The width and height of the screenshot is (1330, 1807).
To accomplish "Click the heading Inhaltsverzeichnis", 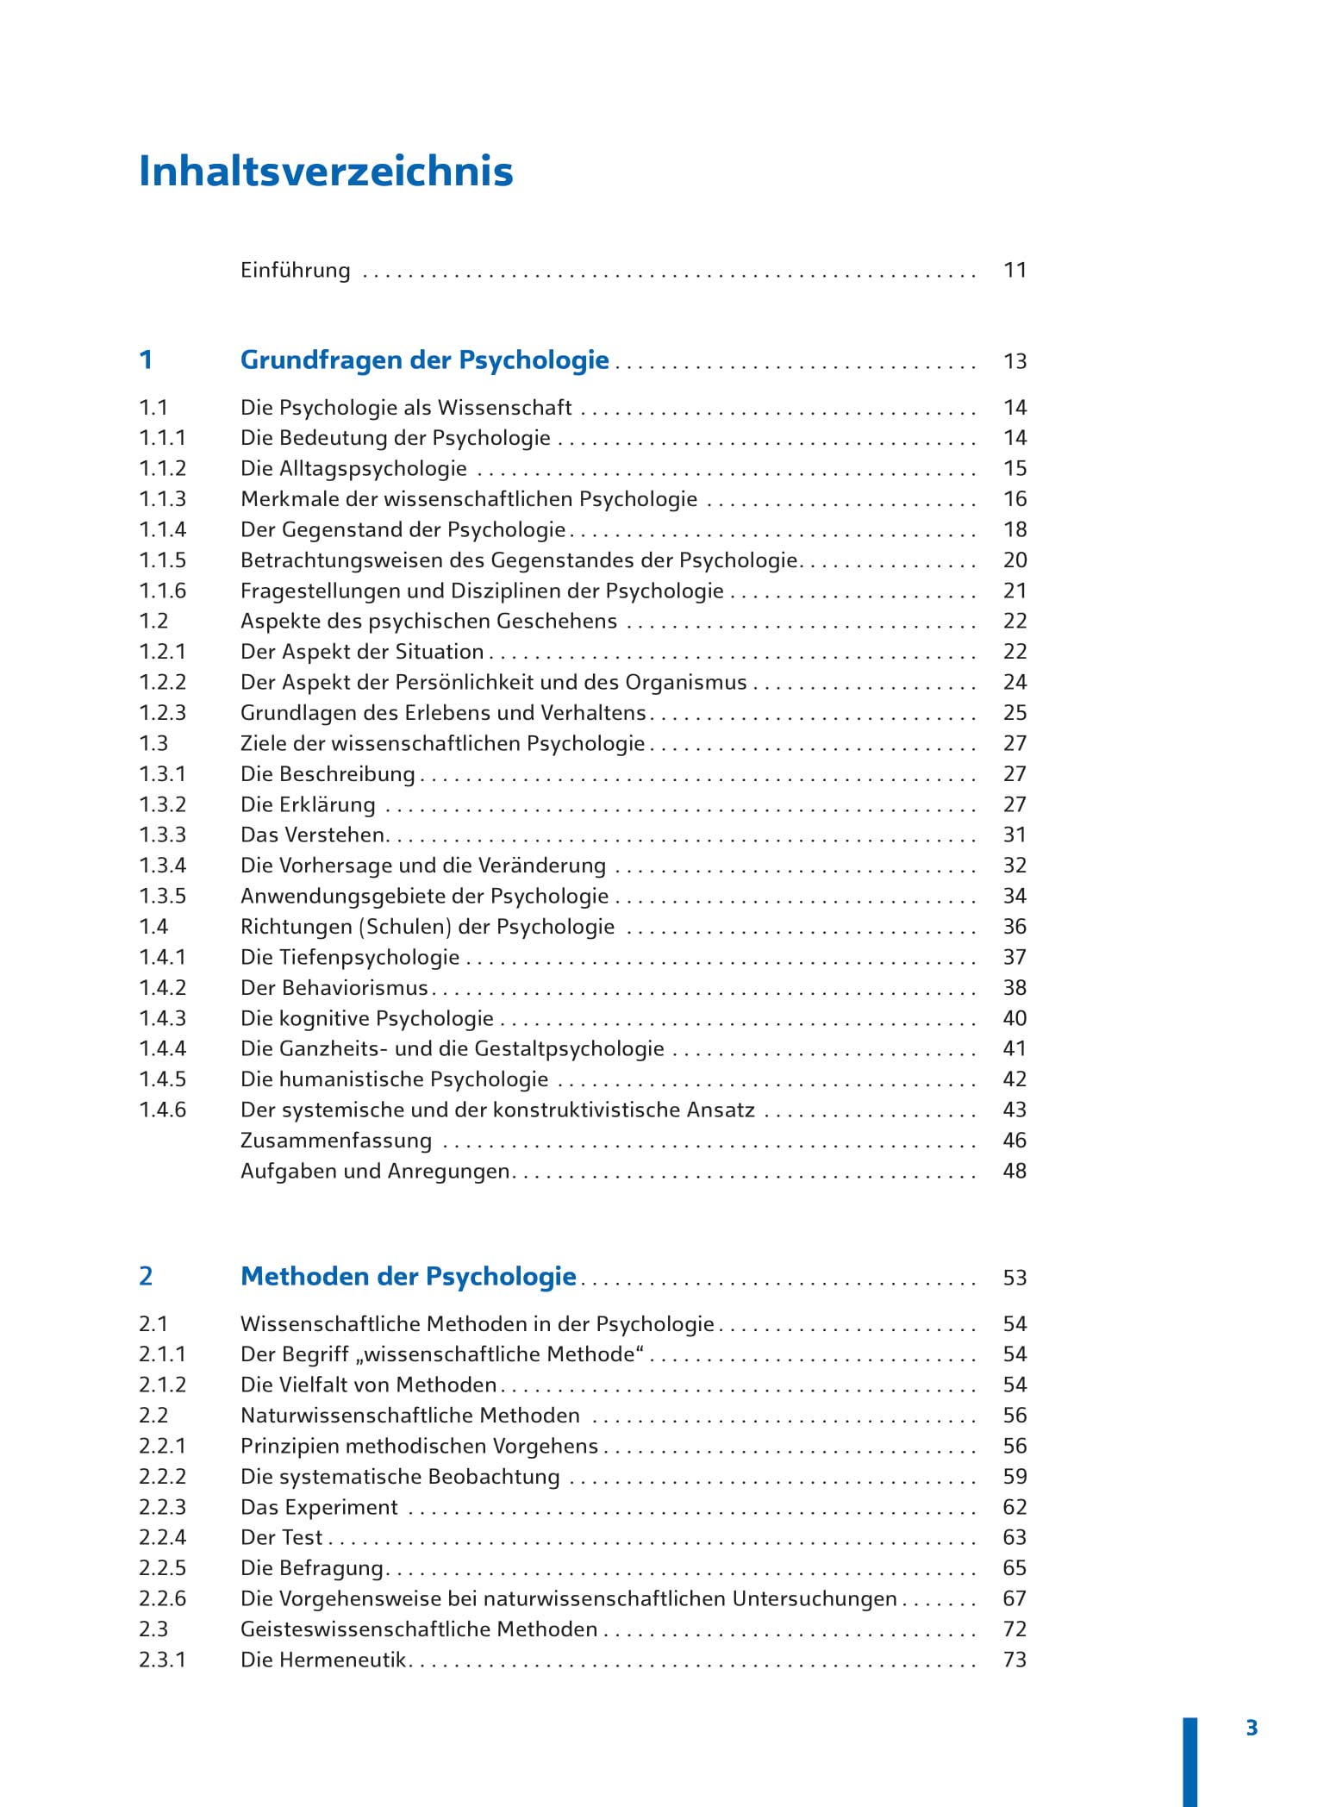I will (326, 171).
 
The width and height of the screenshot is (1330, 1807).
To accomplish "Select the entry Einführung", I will (295, 271).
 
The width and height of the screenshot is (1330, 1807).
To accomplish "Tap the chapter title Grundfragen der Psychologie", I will (424, 360).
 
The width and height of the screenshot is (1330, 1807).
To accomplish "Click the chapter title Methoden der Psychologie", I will (408, 1277).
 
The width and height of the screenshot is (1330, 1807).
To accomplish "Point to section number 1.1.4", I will (162, 530).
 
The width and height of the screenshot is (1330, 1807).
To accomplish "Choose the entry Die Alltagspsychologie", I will (353, 469).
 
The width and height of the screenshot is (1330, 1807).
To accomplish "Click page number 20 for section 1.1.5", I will (1015, 560).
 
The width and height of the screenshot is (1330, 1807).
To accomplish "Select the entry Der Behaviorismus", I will (334, 988).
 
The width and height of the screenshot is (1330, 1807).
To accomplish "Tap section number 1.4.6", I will (162, 1110).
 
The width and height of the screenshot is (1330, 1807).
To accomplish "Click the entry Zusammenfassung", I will (335, 1141).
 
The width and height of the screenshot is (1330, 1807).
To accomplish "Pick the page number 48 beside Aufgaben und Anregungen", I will (1015, 1172).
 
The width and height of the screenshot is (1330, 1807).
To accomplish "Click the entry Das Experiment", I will (319, 1508).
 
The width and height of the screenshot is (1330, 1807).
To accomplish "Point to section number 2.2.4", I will (162, 1538).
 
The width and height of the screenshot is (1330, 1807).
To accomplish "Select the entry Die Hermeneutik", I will (323, 1660).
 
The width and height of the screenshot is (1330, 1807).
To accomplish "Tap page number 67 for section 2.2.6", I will (1015, 1599).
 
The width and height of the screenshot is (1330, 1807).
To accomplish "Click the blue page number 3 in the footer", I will (1252, 1729).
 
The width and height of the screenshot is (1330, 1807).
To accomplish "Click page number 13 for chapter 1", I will (1015, 362).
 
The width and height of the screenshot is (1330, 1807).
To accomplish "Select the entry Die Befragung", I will (312, 1569).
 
